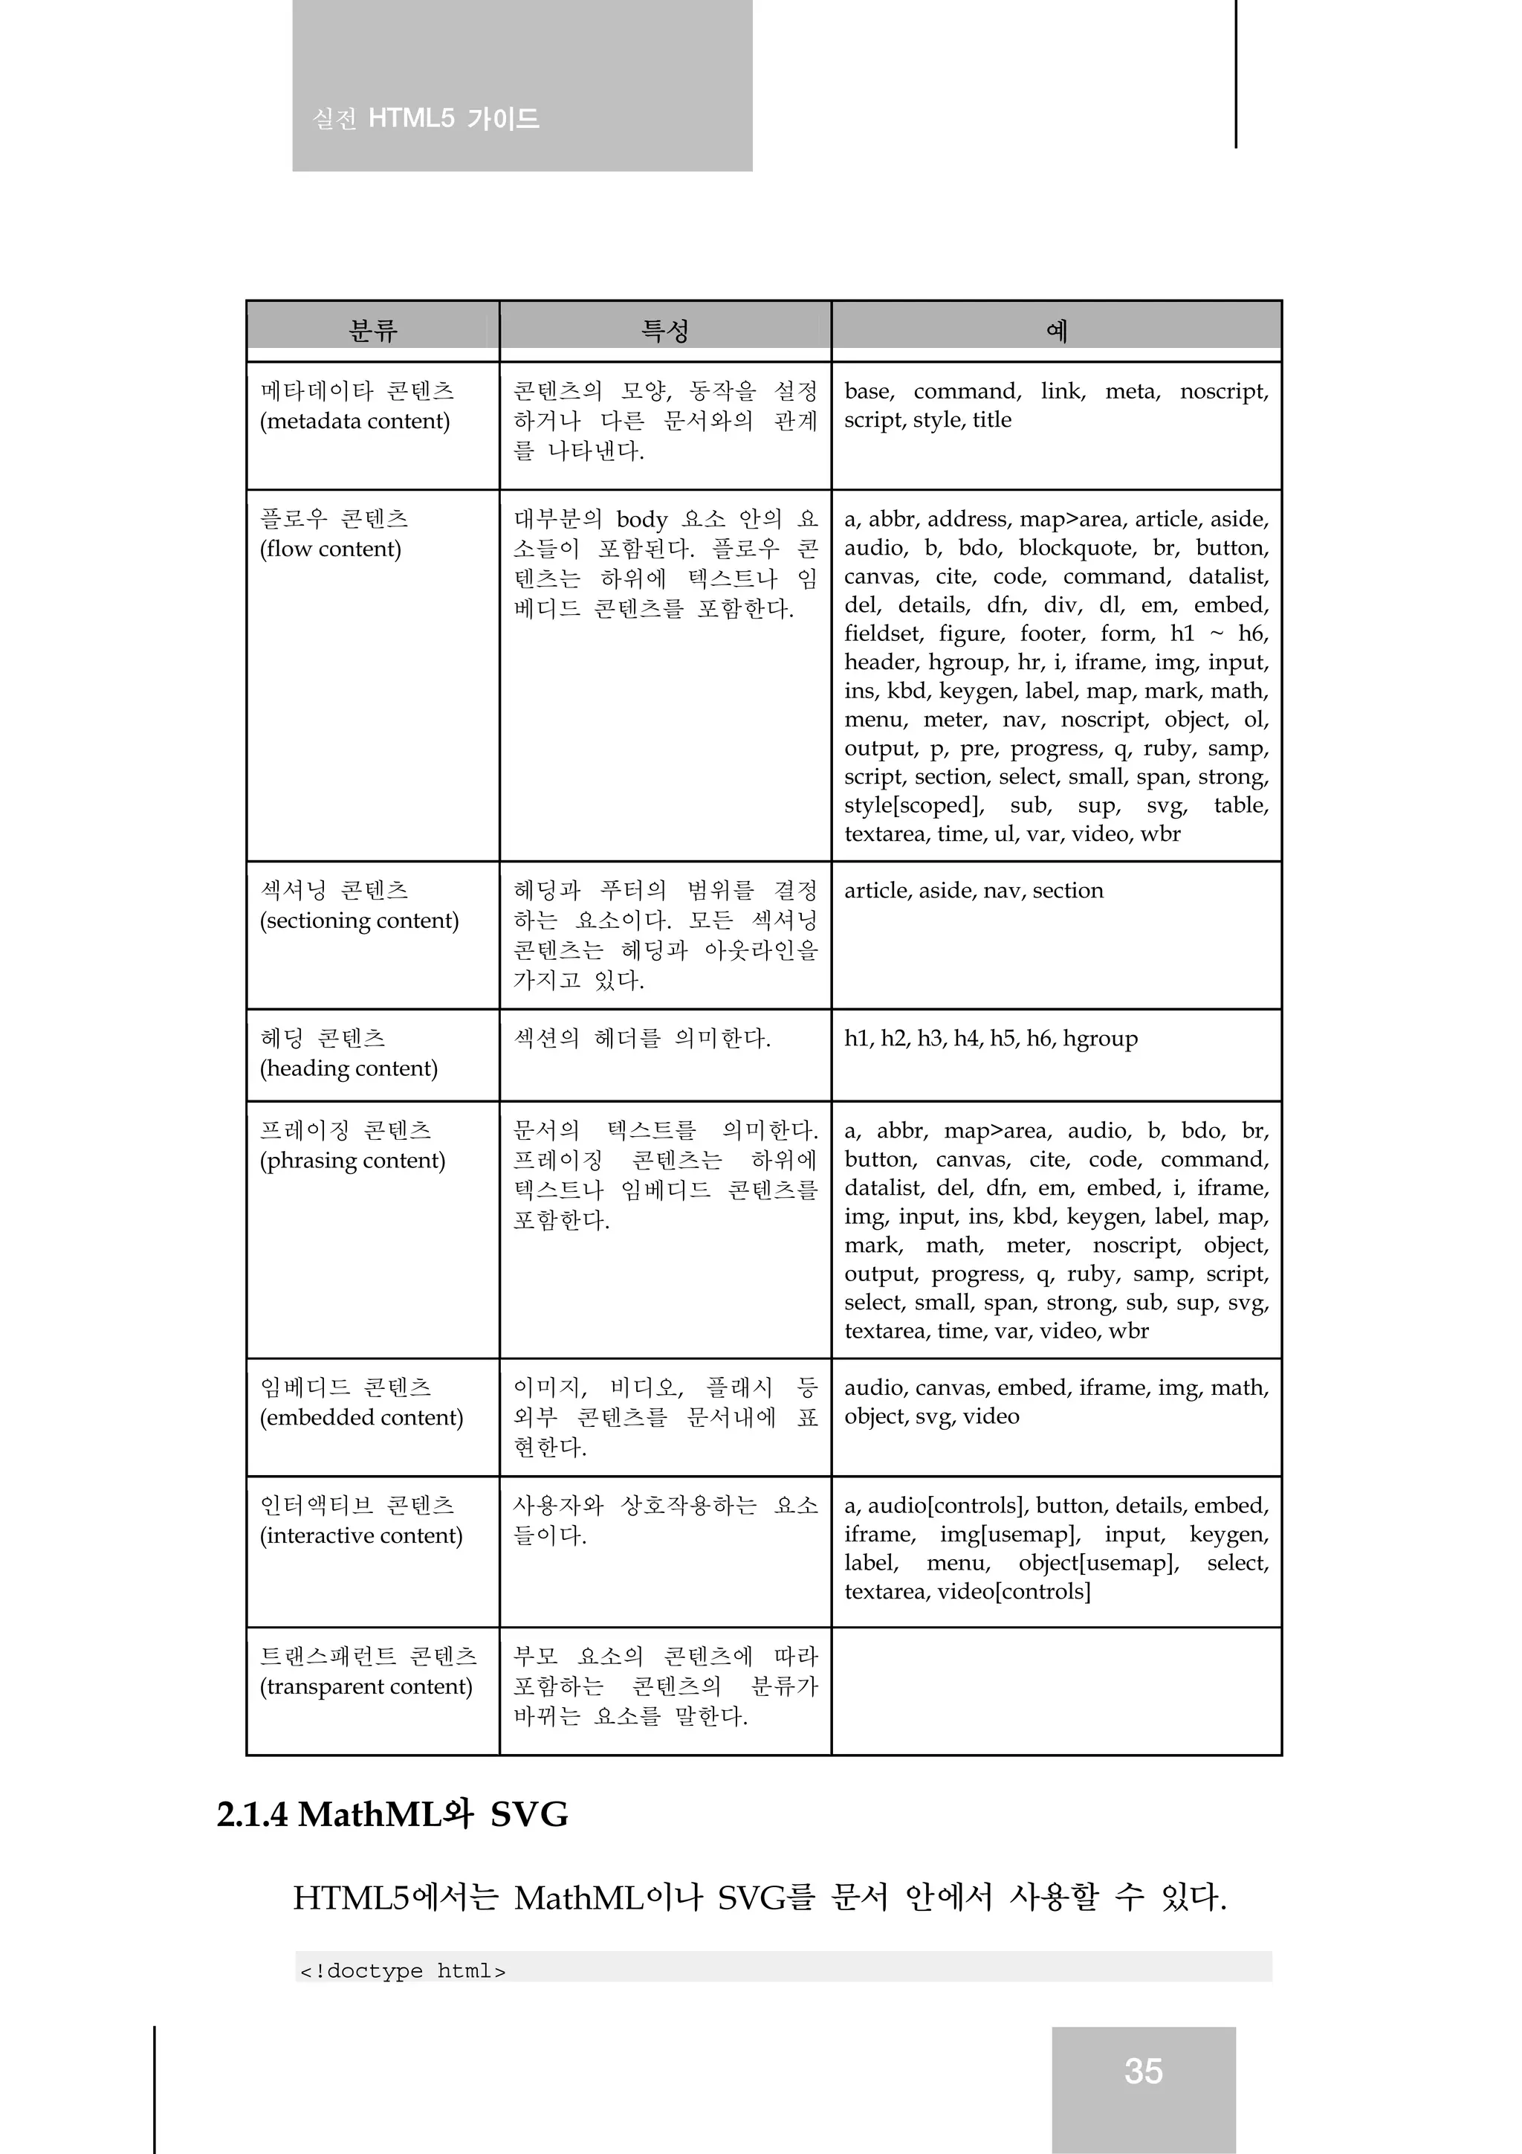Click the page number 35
click(x=1143, y=2071)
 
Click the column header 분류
click(x=373, y=330)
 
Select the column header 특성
click(x=665, y=330)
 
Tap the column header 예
click(x=1056, y=330)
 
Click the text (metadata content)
click(x=354, y=422)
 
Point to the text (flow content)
click(x=330, y=549)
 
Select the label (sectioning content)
click(x=359, y=920)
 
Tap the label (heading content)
click(x=349, y=1068)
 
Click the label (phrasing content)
click(x=352, y=1161)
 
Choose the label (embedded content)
click(x=361, y=1418)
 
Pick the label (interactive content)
click(x=361, y=1536)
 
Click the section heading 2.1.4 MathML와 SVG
click(x=392, y=1814)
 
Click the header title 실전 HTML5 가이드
click(x=426, y=119)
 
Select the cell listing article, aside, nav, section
click(x=974, y=890)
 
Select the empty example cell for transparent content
click(x=1056, y=1691)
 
